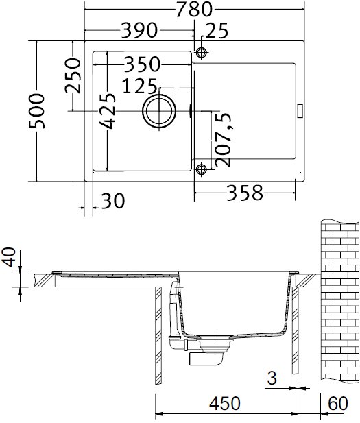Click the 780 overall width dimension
point(194,9)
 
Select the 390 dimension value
point(139,30)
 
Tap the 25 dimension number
point(217,30)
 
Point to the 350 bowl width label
point(142,64)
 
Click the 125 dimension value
point(139,86)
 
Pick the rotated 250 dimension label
point(73,75)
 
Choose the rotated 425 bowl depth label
point(108,111)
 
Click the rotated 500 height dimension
point(37,111)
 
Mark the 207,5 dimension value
point(223,140)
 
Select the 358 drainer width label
point(245,193)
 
